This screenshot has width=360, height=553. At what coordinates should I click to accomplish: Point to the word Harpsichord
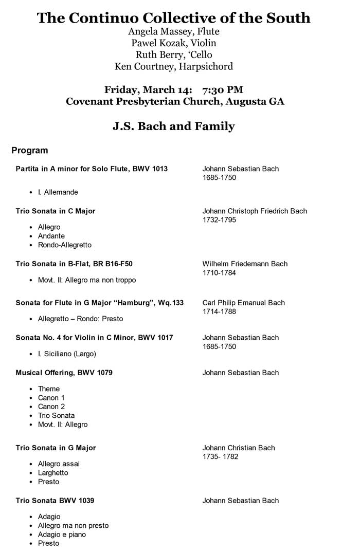(206, 66)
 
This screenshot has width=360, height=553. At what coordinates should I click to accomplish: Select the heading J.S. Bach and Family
(174, 126)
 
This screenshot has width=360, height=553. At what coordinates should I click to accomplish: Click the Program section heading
(30, 151)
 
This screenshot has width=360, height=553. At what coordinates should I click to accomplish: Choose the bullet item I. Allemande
(58, 192)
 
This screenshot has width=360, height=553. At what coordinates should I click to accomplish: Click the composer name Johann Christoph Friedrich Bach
(255, 211)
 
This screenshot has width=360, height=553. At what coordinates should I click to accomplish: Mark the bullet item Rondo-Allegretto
(65, 245)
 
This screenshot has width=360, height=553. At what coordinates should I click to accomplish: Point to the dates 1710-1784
(219, 273)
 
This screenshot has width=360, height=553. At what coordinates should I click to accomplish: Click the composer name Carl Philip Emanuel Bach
(243, 303)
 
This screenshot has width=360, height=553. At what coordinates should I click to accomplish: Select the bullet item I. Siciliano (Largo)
(67, 354)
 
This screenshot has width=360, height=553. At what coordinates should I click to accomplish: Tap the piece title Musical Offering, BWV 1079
(64, 373)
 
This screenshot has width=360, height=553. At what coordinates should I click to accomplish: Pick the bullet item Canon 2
(51, 407)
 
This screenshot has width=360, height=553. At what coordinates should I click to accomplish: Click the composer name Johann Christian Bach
(239, 448)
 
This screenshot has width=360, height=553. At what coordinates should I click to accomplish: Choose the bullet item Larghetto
(53, 473)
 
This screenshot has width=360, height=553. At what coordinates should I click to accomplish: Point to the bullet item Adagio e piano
(62, 534)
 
